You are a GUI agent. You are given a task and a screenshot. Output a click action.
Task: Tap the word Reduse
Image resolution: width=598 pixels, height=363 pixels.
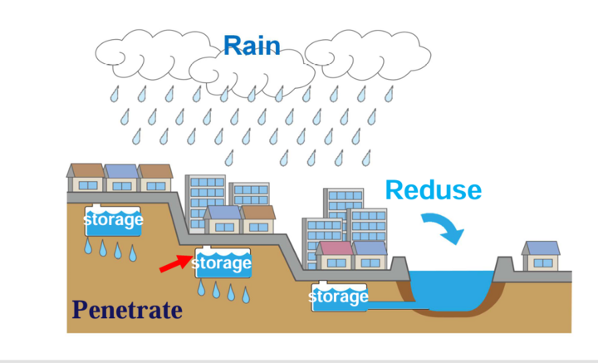pyautogui.click(x=433, y=190)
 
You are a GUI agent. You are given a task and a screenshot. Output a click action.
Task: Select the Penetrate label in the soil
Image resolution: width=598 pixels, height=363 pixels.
pyautogui.click(x=126, y=311)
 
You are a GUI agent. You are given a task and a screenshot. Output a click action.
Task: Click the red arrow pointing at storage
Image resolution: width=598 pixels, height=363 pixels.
pyautogui.click(x=174, y=264)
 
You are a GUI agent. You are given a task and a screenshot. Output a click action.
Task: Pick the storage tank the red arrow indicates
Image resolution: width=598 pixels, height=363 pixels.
pyautogui.click(x=222, y=264)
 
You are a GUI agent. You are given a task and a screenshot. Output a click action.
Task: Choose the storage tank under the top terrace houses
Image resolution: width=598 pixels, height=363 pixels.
pyautogui.click(x=113, y=221)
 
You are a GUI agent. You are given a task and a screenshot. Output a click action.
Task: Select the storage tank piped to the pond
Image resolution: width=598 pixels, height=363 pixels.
pyautogui.click(x=338, y=297)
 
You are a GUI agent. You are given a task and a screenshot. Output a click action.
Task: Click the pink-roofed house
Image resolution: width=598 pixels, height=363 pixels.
pyautogui.click(x=336, y=255)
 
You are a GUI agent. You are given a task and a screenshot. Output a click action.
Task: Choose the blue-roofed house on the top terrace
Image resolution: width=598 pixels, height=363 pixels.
pyautogui.click(x=121, y=178)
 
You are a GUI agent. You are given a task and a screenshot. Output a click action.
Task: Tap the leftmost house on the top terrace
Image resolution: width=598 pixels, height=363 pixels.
pyautogui.click(x=86, y=178)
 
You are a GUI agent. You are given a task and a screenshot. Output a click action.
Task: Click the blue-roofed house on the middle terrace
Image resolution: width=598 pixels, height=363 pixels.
pyautogui.click(x=223, y=220)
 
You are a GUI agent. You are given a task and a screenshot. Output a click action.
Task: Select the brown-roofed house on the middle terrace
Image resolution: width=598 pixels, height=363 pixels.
pyautogui.click(x=257, y=220)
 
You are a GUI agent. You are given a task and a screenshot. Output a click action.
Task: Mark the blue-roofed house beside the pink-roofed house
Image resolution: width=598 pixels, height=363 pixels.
pyautogui.click(x=370, y=255)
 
